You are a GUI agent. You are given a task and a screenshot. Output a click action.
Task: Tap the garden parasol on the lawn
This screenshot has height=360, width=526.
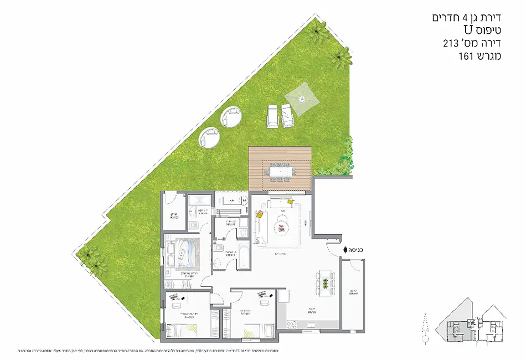302,99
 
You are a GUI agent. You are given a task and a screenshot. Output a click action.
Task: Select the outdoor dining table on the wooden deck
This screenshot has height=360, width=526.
281,172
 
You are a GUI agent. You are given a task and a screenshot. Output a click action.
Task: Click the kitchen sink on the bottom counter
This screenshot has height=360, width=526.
306,331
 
